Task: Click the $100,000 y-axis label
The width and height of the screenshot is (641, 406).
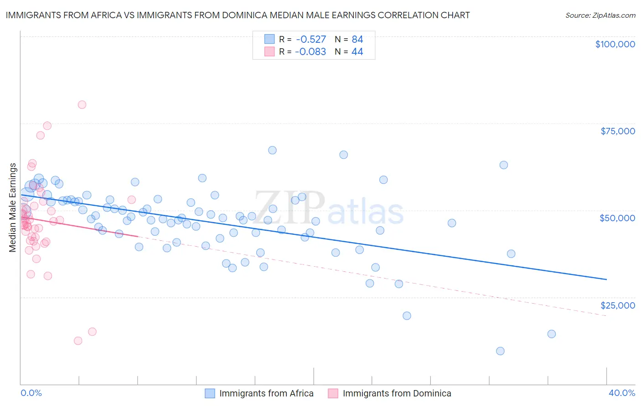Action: point(615,44)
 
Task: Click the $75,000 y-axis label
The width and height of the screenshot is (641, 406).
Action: point(617,131)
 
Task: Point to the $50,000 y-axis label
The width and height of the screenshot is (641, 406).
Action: point(617,218)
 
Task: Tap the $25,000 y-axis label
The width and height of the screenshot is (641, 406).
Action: point(617,305)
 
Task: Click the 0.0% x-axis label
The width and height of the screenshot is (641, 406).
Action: point(31,393)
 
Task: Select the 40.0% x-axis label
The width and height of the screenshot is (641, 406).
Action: point(622,393)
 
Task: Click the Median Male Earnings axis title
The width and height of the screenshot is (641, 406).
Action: point(13,207)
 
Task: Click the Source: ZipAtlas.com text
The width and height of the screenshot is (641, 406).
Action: point(600,15)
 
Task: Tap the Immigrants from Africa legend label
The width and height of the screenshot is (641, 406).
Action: point(266,393)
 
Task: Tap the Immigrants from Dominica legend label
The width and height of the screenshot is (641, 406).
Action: point(397,393)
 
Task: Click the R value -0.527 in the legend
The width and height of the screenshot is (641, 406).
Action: point(310,39)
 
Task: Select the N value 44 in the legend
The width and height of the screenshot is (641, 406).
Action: point(357,52)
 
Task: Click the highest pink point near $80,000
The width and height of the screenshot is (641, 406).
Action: point(82,105)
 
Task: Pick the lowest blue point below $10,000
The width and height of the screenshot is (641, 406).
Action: point(500,351)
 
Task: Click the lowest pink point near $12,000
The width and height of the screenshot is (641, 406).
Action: point(78,341)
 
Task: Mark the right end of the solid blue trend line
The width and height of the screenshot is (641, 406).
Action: point(606,279)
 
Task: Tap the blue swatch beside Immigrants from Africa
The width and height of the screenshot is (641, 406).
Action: point(210,393)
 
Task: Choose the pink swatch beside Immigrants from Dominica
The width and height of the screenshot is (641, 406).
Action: point(333,393)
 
